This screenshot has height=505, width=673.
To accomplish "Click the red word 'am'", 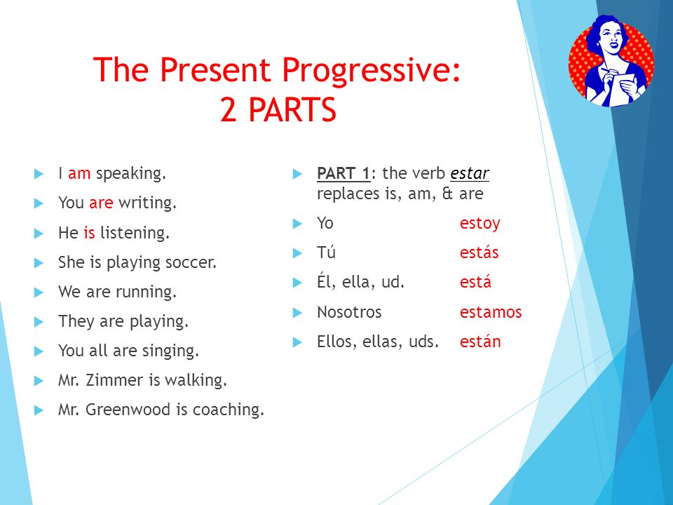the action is coord(79,173).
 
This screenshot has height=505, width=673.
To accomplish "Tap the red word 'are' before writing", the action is coord(101,203).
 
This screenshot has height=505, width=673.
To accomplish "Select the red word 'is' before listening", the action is coord(89,232).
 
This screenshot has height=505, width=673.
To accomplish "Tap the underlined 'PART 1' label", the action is coord(344,173).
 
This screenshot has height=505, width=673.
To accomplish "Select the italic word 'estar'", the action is coord(470,173).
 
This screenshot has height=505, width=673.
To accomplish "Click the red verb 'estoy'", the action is coord(480,224).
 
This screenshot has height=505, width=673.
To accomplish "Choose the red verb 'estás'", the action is coord(479,252).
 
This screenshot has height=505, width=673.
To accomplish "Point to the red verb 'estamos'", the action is coord(491,311).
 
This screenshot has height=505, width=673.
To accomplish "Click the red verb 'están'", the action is coord(480,341).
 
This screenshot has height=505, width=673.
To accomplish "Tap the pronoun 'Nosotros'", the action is coord(349,311).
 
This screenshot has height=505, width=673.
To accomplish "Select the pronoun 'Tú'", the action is coord(326,252).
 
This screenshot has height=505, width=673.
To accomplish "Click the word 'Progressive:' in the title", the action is coord(371,70).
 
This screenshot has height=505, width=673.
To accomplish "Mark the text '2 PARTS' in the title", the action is coord(278,109).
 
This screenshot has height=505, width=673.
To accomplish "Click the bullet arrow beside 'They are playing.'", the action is coord(39,322).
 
